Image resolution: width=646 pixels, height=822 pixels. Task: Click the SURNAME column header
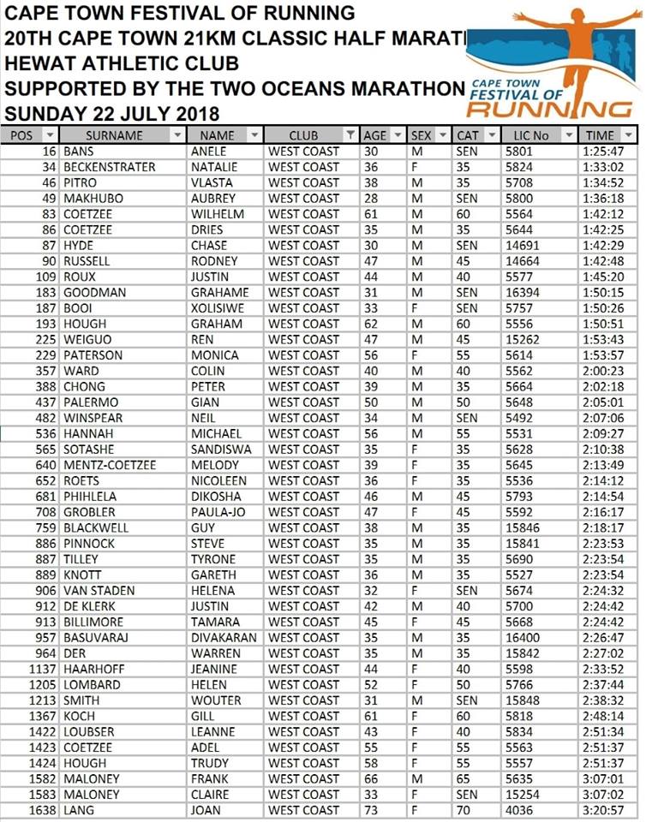coord(114,135)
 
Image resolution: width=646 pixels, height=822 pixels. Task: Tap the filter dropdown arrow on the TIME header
coord(630,135)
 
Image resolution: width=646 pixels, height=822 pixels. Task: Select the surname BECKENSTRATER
coord(110,167)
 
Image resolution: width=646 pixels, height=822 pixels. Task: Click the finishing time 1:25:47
coord(604,152)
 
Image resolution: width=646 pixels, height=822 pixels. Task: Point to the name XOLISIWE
coord(218,308)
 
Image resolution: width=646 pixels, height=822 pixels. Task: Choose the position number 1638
coord(41,810)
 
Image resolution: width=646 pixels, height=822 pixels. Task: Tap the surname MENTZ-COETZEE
coord(110,465)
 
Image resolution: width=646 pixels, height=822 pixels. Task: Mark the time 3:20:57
coord(604,810)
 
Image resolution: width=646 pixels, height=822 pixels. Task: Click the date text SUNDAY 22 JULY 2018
coord(112,114)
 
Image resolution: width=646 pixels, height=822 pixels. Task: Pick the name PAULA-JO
coord(218,512)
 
